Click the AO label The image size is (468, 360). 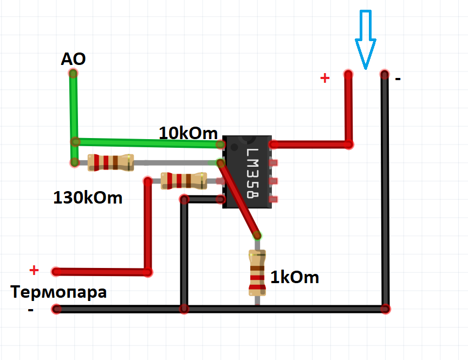[73, 59]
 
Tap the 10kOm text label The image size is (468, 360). [188, 133]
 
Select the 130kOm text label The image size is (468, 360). [88, 198]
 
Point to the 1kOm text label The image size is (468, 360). [294, 278]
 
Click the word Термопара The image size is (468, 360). [59, 292]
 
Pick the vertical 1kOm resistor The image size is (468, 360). [257, 273]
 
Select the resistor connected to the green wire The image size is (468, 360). [110, 162]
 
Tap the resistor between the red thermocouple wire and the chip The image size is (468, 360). [184, 180]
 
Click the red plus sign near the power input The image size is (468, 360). [324, 78]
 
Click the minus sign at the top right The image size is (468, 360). [398, 80]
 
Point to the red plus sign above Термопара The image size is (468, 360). [34, 270]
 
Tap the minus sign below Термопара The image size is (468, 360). [30, 310]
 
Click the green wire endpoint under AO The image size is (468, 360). [73, 73]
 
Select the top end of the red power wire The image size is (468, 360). [348, 74]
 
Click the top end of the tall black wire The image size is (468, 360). [385, 74]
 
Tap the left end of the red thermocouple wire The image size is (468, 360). [55, 271]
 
